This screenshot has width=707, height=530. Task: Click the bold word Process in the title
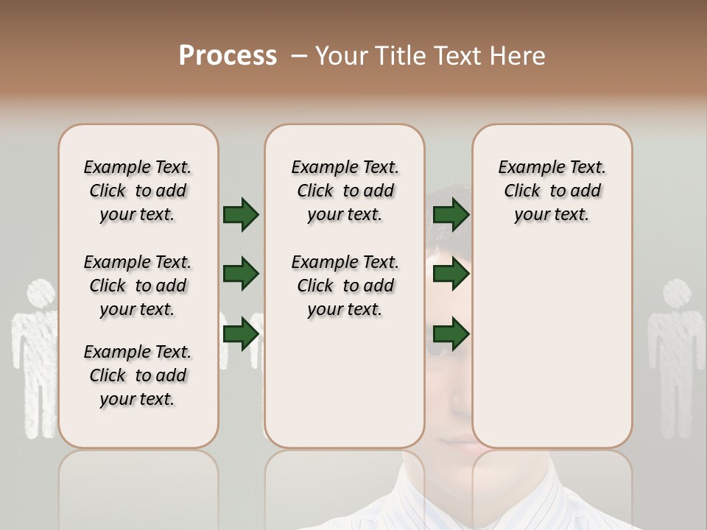pos(228,56)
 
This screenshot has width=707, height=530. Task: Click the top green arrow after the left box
pos(241,214)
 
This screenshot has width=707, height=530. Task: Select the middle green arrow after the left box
pos(241,274)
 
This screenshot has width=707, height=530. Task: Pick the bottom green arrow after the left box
pos(241,334)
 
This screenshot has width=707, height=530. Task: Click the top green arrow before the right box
pos(451,214)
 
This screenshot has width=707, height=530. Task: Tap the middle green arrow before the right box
pos(451,274)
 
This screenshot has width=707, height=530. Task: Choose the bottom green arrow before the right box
pos(451,334)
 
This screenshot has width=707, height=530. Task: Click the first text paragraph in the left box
pos(138,191)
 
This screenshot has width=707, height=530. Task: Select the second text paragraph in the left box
pos(138,286)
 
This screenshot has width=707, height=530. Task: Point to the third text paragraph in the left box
pos(138,375)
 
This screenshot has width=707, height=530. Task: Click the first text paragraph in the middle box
pos(345,191)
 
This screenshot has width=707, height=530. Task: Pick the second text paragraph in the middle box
pos(345,286)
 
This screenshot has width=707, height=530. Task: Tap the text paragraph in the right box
pos(552,191)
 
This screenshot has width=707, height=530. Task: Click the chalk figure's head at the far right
pos(677,294)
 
